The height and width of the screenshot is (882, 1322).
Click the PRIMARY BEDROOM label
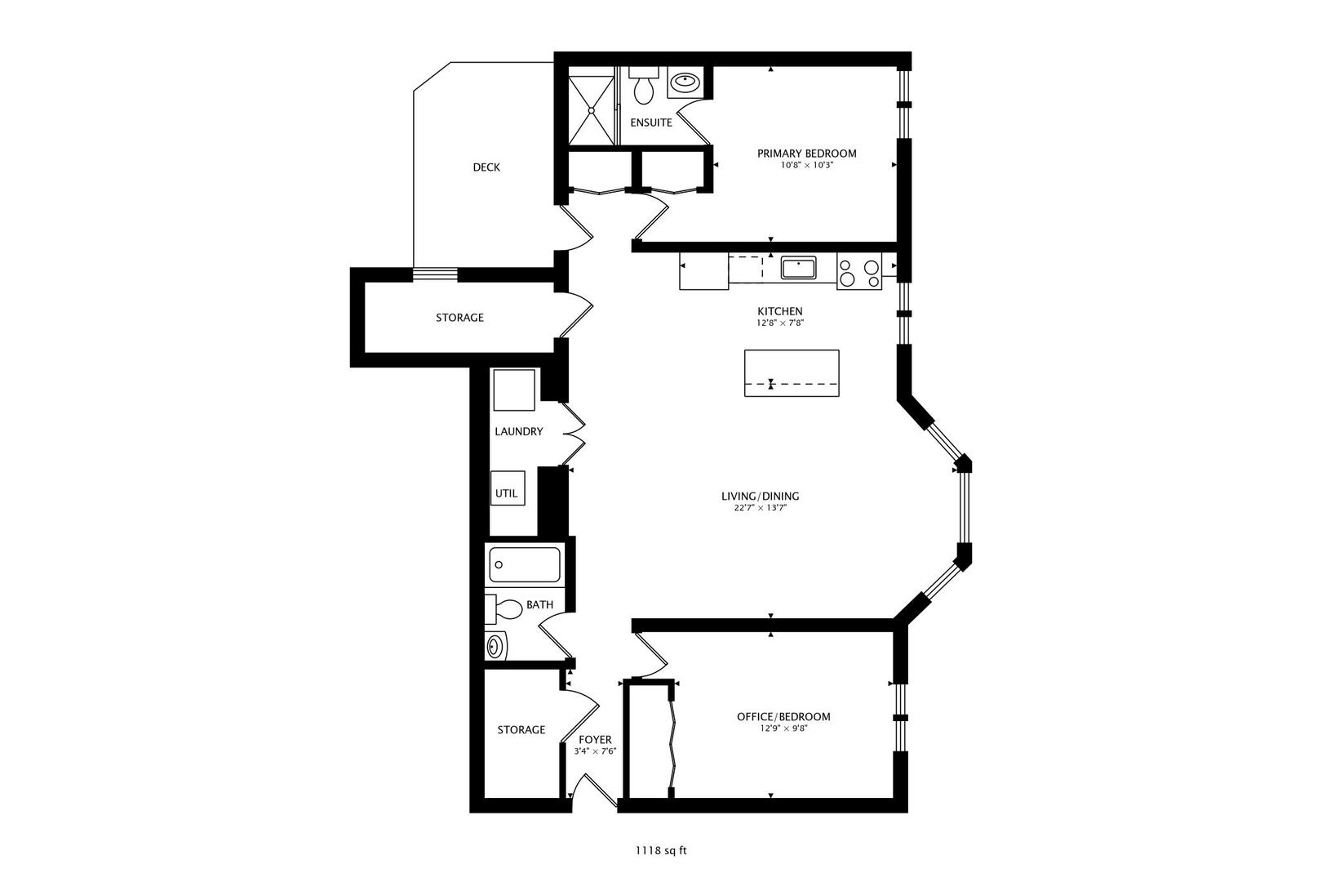tap(806, 154)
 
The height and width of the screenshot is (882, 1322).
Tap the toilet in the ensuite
tap(644, 89)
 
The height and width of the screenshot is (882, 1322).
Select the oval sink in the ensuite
tap(683, 82)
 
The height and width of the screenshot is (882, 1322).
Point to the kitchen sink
tap(798, 268)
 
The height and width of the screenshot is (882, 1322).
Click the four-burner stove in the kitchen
tap(859, 273)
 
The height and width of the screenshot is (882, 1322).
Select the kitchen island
tap(792, 373)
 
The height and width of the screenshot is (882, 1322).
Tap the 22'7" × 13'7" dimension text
tap(760, 508)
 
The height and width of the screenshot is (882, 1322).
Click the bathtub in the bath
tap(525, 564)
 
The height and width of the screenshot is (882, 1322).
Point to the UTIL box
tap(507, 492)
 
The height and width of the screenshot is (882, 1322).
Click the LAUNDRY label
tap(518, 431)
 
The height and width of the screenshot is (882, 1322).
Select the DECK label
tap(486, 167)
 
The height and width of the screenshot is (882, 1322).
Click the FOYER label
tap(595, 740)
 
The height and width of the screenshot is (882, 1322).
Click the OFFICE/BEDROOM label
tap(783, 716)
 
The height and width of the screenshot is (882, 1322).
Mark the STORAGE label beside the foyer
tap(521, 729)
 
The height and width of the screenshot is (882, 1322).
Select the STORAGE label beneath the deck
tap(459, 318)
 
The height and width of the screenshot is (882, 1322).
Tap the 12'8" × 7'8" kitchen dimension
tap(779, 323)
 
